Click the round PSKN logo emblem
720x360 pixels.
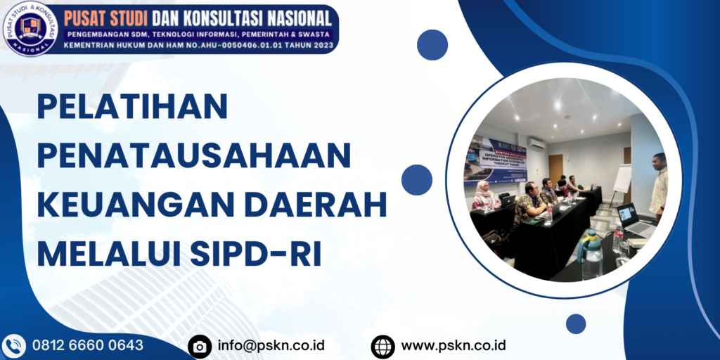(30, 27)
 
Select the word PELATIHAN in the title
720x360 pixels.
(133, 108)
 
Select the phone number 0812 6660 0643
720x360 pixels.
(88, 345)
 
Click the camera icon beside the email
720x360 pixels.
(200, 346)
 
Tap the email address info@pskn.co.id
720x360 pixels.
(271, 345)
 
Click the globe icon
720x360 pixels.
(382, 346)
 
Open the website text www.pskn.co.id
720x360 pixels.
(454, 345)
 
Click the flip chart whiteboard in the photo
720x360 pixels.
(622, 179)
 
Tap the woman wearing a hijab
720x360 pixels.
(484, 196)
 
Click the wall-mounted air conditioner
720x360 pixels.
(536, 143)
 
